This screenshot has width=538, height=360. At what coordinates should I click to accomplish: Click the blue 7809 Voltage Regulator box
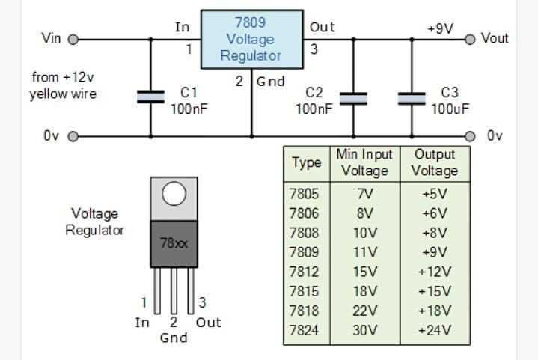pos(251,39)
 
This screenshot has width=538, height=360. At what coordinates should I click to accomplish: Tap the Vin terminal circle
pos(73,39)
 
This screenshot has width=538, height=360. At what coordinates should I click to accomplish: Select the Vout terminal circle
pos(470,39)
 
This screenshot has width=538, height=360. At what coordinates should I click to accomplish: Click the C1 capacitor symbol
pos(150,97)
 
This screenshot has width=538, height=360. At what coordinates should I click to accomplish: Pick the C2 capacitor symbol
pos(353,98)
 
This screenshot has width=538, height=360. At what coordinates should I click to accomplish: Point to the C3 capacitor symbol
pos(411,98)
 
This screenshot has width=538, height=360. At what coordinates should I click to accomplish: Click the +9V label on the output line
pos(440,28)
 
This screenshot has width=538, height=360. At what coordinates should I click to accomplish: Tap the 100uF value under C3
pos(449,109)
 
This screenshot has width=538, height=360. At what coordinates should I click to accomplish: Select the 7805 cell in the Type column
pos(304,193)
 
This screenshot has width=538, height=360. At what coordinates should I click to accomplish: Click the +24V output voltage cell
pos(434,330)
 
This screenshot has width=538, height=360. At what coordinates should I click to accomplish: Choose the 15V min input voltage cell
pos(364,272)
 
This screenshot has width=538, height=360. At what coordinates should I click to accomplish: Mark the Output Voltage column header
pos(434,162)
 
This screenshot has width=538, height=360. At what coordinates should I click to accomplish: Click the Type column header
pos(306,162)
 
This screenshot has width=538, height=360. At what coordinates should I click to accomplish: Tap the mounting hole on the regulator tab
pos(174,195)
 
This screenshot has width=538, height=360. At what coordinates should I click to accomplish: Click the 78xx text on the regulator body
pos(174,243)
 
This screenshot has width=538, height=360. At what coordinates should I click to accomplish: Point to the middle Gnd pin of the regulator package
pos(174,291)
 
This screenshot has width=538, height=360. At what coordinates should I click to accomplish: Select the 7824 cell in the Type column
pos(304,330)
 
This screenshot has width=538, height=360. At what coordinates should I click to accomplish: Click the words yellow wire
pos(63,94)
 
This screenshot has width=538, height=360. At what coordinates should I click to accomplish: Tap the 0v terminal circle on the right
pos(470,136)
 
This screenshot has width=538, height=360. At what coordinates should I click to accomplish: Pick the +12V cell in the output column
pos(434,272)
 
